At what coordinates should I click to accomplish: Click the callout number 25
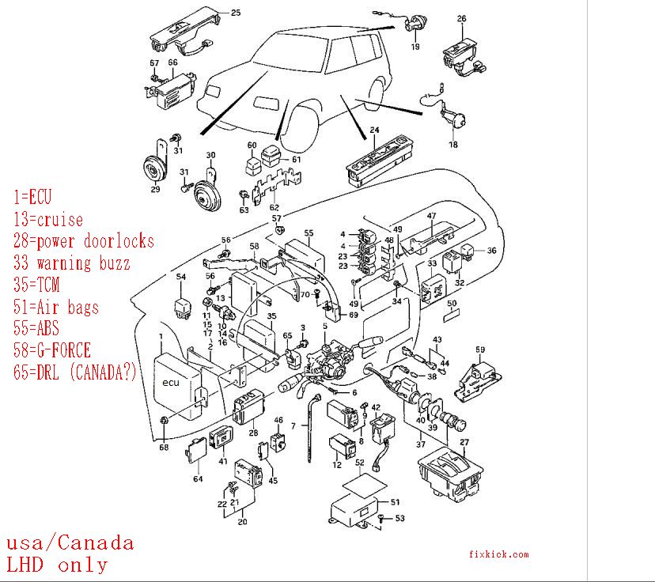(236, 12)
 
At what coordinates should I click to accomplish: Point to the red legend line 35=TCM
(36, 285)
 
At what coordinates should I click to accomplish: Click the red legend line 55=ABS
(36, 328)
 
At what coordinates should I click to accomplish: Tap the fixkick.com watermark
(498, 555)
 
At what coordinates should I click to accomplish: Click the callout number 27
(464, 442)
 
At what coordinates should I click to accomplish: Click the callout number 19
(415, 47)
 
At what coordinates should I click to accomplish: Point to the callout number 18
(452, 145)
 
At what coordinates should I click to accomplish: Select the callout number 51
(396, 501)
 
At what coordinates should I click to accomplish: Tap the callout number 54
(181, 277)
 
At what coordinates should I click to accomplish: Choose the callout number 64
(198, 479)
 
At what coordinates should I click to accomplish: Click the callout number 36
(491, 251)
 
